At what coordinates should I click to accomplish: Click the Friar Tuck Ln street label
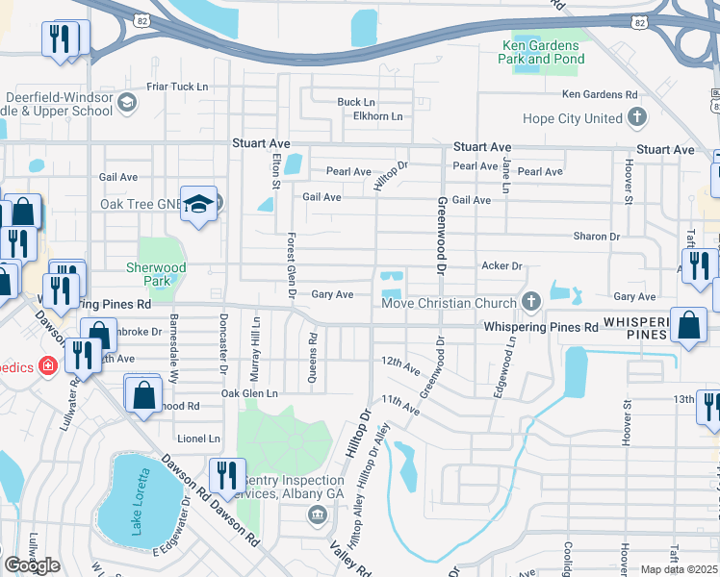[x=177, y=87]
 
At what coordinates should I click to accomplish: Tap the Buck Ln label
[x=355, y=102]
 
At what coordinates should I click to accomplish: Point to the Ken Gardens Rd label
[x=600, y=94]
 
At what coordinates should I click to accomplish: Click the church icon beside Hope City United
[x=636, y=118]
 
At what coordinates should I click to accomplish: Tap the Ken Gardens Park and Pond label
[x=541, y=52]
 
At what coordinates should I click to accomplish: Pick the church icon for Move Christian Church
[x=529, y=303]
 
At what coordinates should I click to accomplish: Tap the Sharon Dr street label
[x=596, y=237]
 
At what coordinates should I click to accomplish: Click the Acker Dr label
[x=501, y=265]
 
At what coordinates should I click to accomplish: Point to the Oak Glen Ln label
[x=249, y=393]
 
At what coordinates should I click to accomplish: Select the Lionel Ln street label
[x=198, y=439]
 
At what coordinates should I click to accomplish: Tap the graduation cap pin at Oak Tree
[x=199, y=205]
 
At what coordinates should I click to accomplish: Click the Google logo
[x=33, y=565]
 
